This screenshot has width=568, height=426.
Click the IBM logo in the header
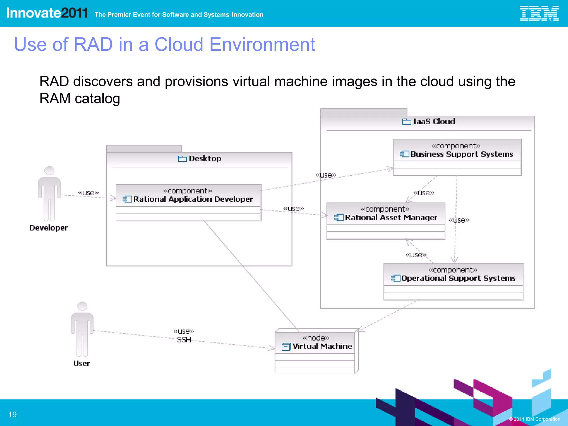539,14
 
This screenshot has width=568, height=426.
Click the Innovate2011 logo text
47,13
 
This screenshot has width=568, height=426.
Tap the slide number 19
12,415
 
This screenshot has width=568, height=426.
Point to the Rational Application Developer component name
193,199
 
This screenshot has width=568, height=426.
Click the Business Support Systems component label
461,154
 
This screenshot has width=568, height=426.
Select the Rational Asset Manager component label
390,218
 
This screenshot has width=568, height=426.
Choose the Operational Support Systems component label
458,278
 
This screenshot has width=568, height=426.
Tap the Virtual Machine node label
322,346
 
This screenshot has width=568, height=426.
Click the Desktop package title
205,159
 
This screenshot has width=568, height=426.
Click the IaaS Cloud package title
434,121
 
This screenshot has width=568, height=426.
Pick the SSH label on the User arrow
184,340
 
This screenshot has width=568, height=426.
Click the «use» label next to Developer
88,193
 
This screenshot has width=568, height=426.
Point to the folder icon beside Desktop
182,159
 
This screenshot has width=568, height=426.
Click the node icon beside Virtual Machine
286,347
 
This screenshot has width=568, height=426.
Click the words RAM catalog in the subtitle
80,98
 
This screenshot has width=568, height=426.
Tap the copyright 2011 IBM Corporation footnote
534,419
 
